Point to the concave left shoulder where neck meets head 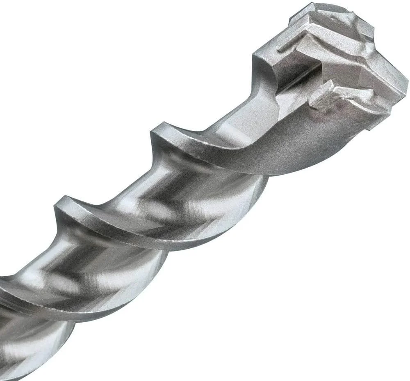coord(262,70)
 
